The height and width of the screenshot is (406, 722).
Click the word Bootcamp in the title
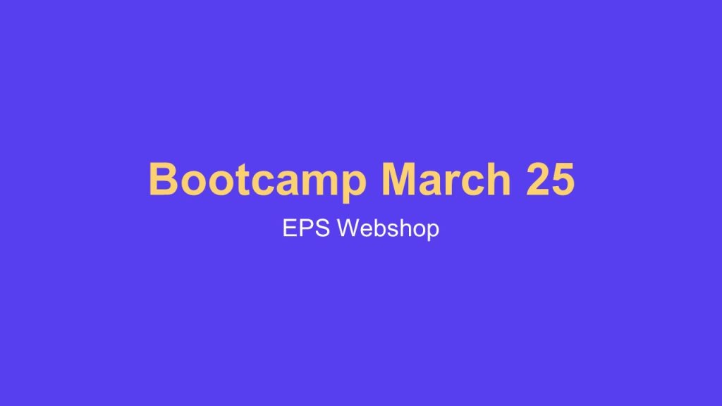(x=257, y=179)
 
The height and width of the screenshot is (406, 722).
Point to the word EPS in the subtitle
(x=307, y=228)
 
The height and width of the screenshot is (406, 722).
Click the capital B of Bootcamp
(x=162, y=179)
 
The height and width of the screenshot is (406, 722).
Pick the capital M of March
(x=398, y=179)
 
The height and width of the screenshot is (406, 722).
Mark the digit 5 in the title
(x=563, y=179)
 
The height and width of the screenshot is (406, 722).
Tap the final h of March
(x=497, y=179)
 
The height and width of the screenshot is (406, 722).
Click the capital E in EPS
(x=290, y=228)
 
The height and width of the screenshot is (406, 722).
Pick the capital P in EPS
(x=306, y=228)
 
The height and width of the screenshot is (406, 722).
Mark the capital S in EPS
(x=323, y=228)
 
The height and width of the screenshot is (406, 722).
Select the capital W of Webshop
(x=348, y=228)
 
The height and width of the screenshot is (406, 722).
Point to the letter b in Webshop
(x=379, y=228)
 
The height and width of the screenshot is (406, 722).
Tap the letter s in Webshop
(x=393, y=230)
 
